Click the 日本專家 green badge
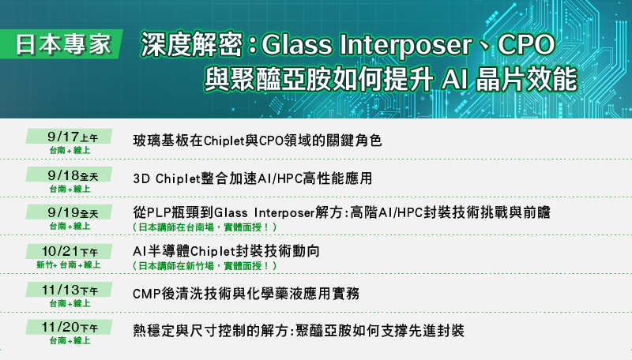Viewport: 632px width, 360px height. [x=62, y=44]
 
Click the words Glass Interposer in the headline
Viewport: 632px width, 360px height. [x=367, y=45]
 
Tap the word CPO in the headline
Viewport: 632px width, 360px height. [x=526, y=44]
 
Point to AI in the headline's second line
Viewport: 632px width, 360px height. [x=454, y=80]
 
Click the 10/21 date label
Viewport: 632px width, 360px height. [x=69, y=251]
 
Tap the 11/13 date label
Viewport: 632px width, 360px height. [x=69, y=290]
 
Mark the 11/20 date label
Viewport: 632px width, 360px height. [x=69, y=327]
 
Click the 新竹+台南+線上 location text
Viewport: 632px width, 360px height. [x=69, y=265]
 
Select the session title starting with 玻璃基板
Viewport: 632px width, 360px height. [x=258, y=141]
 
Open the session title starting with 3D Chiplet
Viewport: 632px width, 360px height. [x=253, y=178]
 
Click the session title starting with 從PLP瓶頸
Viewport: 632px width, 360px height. [x=341, y=212]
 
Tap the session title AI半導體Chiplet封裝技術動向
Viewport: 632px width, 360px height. [x=226, y=251]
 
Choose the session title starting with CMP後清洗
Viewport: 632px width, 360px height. [x=246, y=294]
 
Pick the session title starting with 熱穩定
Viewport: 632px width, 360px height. [x=299, y=331]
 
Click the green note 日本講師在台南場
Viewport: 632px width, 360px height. [x=205, y=227]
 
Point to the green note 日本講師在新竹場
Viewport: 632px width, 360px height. [x=205, y=266]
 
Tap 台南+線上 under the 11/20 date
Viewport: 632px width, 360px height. [x=70, y=341]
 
